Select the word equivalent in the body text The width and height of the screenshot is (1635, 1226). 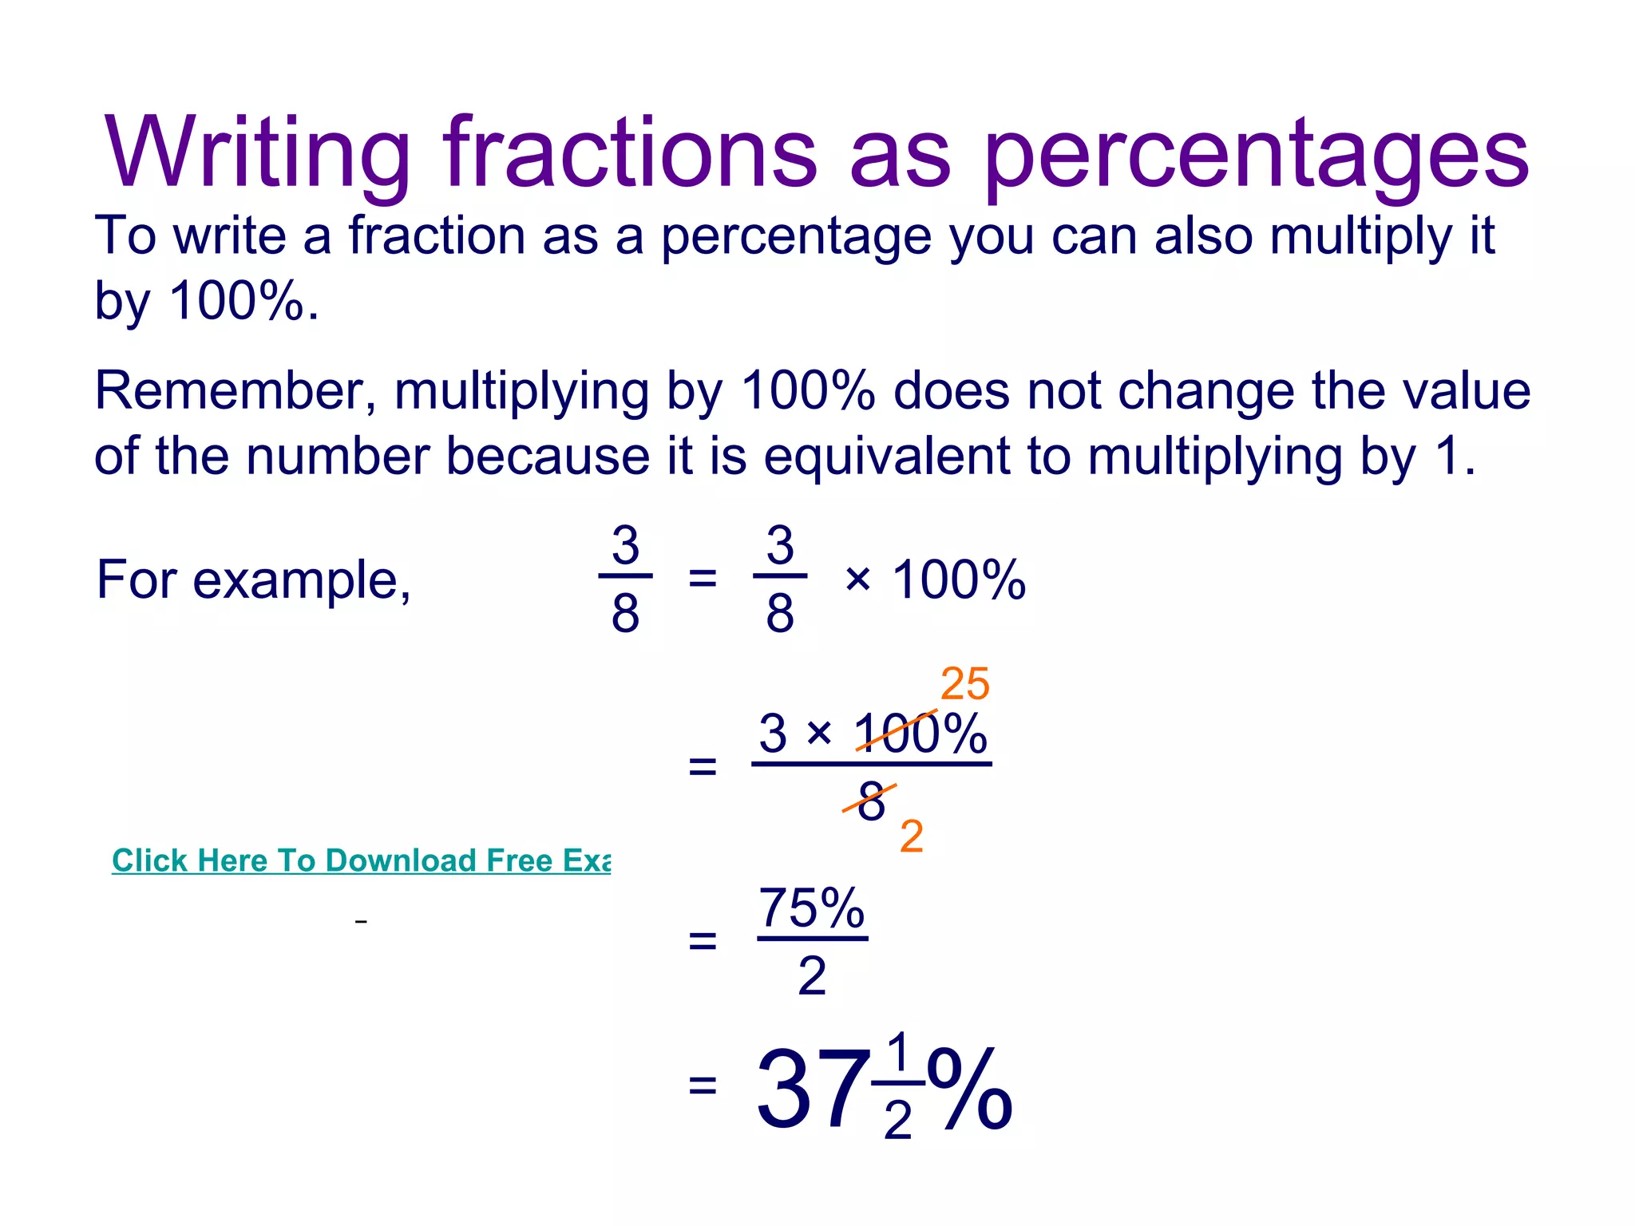887,457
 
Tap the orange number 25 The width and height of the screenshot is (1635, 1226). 964,685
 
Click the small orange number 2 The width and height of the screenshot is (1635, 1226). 911,836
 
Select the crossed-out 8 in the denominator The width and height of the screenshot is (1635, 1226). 871,801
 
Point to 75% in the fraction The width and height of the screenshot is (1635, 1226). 811,908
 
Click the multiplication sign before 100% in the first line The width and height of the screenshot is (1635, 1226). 857,579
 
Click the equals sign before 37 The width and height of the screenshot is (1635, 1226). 702,1086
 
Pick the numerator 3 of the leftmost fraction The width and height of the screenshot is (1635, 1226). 625,546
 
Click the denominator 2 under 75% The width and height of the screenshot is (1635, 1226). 811,975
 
